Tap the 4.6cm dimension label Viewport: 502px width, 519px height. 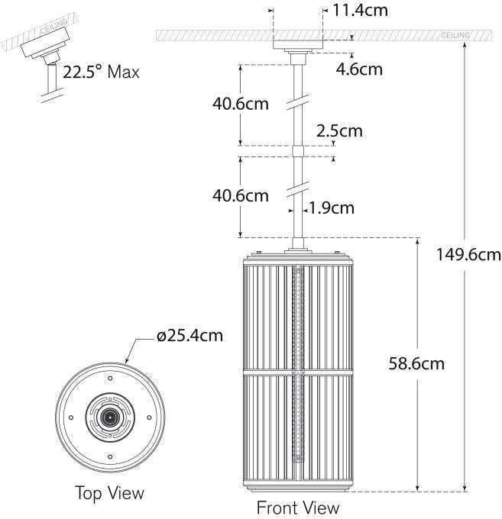359,69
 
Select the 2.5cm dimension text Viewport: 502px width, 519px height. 339,131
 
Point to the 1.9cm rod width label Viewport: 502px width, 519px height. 332,207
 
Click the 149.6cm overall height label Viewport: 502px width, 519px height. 466,253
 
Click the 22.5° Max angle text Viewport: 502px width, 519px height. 102,73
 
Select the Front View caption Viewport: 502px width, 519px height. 297,507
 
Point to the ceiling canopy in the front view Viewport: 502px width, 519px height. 297,47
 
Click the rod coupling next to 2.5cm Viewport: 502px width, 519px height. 297,151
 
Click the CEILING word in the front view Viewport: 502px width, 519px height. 455,36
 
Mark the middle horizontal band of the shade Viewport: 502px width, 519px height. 297,372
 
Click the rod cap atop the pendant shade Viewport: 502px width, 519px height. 297,248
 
